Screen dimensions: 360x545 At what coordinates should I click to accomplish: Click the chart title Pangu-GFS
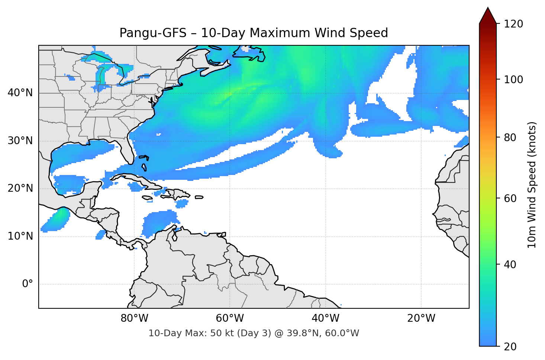click(x=254, y=33)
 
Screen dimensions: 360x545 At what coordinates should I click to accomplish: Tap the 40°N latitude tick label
click(x=20, y=93)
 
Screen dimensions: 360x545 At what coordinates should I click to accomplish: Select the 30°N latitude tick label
click(x=20, y=141)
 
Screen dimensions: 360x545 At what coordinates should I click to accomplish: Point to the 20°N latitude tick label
click(x=20, y=188)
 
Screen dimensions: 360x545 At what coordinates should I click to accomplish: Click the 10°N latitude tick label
click(x=20, y=236)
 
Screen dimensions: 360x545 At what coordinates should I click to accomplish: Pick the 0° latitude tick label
click(x=28, y=284)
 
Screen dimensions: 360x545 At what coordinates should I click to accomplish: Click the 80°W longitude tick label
click(x=135, y=318)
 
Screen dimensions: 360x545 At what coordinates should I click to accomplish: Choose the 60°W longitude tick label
click(x=230, y=318)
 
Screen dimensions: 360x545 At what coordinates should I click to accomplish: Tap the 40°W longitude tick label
click(x=326, y=318)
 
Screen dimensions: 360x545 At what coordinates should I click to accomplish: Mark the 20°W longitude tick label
click(x=421, y=318)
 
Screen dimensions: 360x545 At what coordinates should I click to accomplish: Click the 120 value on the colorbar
click(x=513, y=24)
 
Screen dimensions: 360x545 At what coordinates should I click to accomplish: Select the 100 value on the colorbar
click(x=513, y=80)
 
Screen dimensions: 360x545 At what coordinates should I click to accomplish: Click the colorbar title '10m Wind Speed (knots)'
click(x=532, y=185)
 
